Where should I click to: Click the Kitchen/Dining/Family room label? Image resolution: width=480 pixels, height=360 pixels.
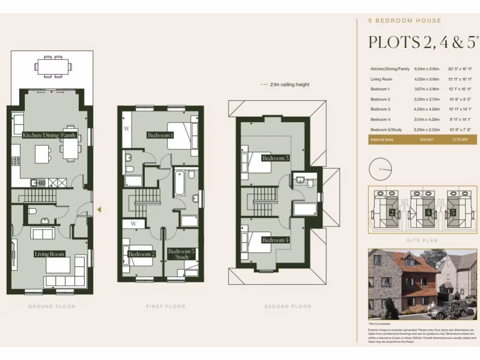[50, 135]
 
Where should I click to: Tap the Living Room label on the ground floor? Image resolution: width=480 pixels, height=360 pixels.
[49, 254]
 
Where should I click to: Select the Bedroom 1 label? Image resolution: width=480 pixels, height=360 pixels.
[160, 135]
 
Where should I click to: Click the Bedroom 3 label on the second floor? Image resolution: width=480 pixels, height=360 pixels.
[275, 158]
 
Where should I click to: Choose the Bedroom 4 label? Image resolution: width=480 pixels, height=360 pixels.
[275, 240]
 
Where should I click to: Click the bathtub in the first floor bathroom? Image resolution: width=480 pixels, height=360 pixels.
[180, 183]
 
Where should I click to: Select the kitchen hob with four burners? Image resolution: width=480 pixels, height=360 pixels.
[15, 161]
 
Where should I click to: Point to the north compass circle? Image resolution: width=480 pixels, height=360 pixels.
[380, 169]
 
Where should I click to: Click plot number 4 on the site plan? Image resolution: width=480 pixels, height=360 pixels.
[428, 212]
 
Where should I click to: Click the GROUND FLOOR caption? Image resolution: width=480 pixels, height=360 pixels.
[52, 307]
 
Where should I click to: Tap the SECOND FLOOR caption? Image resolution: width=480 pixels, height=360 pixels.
[288, 307]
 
